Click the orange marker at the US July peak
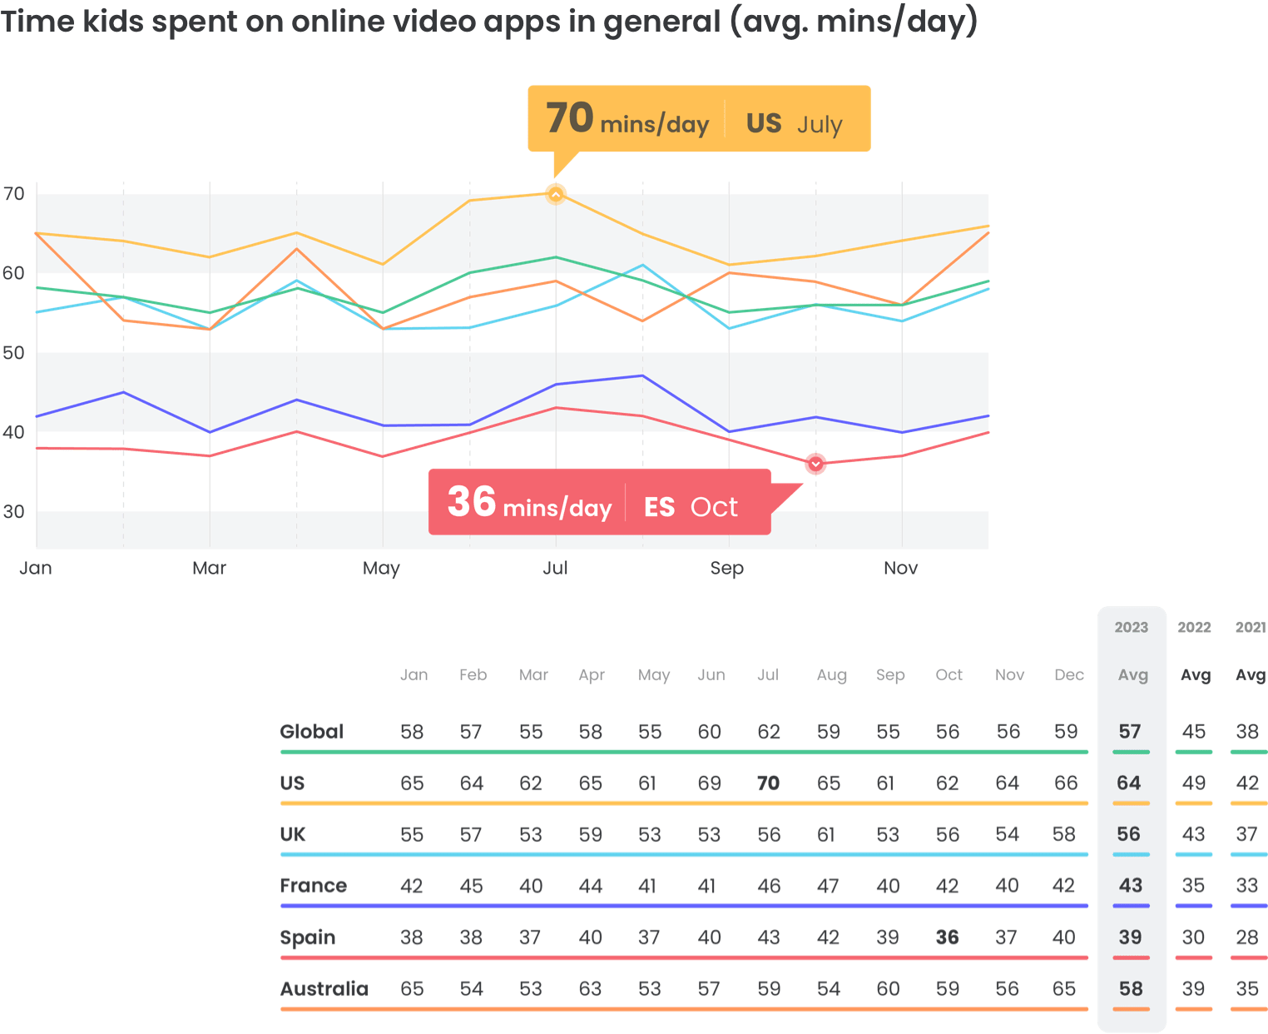(x=556, y=194)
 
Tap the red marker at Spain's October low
(x=815, y=464)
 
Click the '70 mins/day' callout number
(x=570, y=118)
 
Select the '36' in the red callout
(x=472, y=502)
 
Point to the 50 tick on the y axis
(x=14, y=352)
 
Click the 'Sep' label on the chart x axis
(x=726, y=568)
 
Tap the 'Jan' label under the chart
(x=36, y=568)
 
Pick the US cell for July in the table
(x=768, y=783)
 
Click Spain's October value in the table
(x=947, y=937)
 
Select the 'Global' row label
(x=312, y=732)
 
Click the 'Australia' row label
(x=324, y=989)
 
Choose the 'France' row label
(x=314, y=886)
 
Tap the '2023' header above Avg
(x=1132, y=628)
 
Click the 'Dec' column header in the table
(x=1068, y=675)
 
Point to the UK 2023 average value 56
(x=1129, y=834)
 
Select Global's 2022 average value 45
(x=1194, y=732)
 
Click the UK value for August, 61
(x=826, y=834)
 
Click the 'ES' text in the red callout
(x=659, y=507)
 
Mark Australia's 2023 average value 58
(x=1131, y=989)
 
